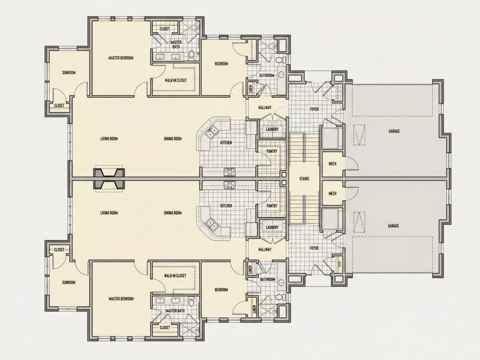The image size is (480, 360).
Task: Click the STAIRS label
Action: (304, 179)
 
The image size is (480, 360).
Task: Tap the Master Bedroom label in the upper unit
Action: (121, 58)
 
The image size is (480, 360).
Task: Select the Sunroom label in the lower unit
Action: (69, 283)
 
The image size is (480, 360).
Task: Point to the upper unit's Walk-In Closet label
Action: (176, 81)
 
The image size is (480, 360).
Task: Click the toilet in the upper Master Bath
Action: (191, 55)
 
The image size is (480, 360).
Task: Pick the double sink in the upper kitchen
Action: (211, 132)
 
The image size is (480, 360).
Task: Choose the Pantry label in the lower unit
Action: (272, 206)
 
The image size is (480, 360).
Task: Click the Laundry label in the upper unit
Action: (272, 130)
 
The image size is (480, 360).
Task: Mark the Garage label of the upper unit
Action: (394, 131)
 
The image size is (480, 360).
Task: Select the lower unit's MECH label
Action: (333, 193)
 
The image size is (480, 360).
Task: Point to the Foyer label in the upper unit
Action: (314, 109)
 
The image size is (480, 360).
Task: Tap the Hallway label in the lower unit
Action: (265, 250)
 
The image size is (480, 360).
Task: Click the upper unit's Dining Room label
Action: (173, 139)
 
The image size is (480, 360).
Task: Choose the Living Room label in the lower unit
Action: (109, 213)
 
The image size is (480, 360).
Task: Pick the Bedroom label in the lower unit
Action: (221, 290)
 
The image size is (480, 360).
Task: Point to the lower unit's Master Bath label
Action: (175, 311)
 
